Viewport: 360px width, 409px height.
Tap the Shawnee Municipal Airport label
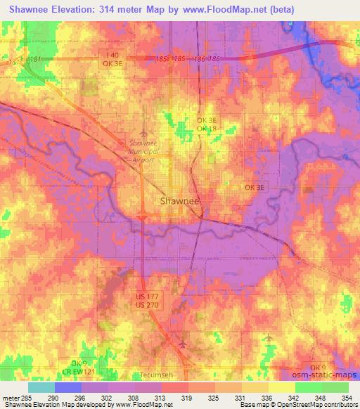pyautogui.click(x=146, y=148)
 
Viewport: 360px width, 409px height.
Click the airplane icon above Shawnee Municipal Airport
pyautogui.click(x=145, y=131)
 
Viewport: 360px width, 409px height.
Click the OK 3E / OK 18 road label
pyautogui.click(x=207, y=124)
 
